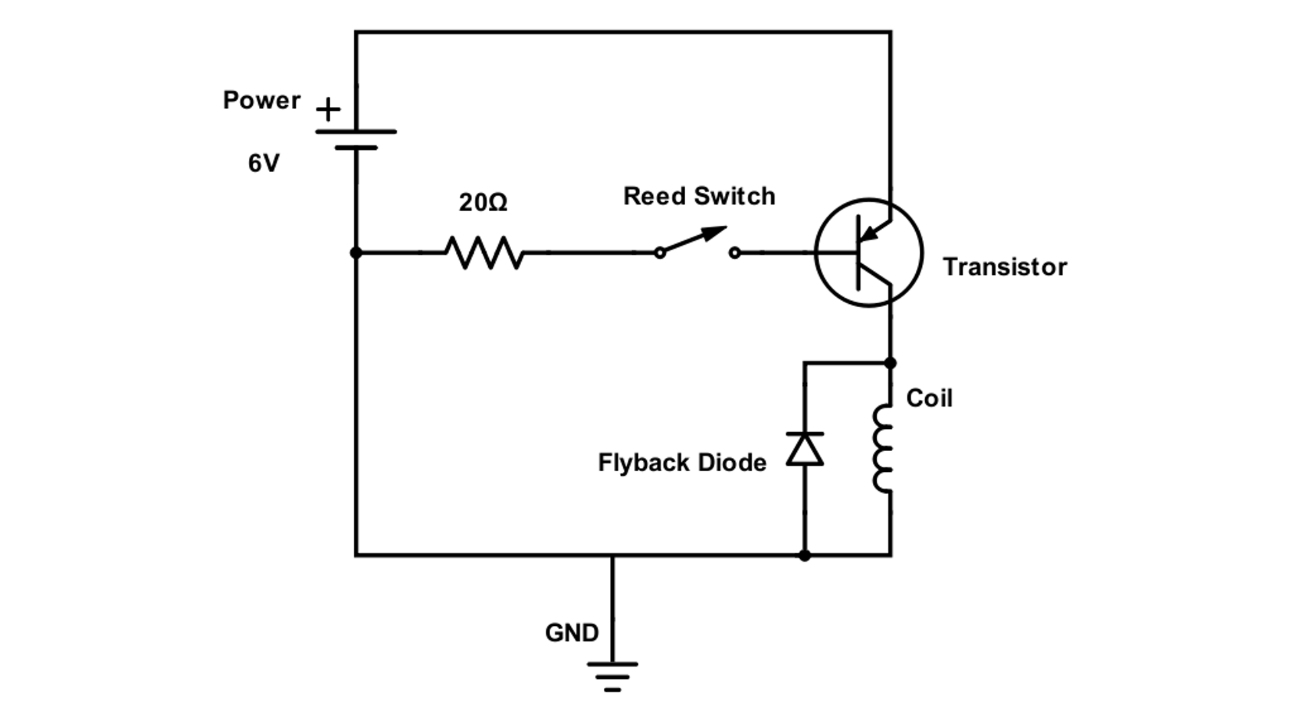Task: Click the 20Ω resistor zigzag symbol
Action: click(x=484, y=253)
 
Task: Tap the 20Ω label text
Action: click(x=483, y=202)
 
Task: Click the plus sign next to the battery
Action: click(x=328, y=110)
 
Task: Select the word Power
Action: click(x=262, y=100)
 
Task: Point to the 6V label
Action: click(x=264, y=163)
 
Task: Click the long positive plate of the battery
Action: click(x=356, y=132)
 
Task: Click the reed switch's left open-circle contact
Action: click(x=660, y=253)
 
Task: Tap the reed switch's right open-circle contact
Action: click(x=735, y=253)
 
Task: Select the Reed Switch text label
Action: click(x=699, y=196)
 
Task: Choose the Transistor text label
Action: click(x=1005, y=267)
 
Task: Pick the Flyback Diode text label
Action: click(x=682, y=462)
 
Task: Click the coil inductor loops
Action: click(x=882, y=449)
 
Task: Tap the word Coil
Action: click(x=929, y=398)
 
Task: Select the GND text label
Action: click(x=572, y=633)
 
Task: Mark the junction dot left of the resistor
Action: click(x=356, y=253)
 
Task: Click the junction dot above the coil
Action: click(x=890, y=363)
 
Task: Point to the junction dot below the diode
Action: click(x=805, y=555)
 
